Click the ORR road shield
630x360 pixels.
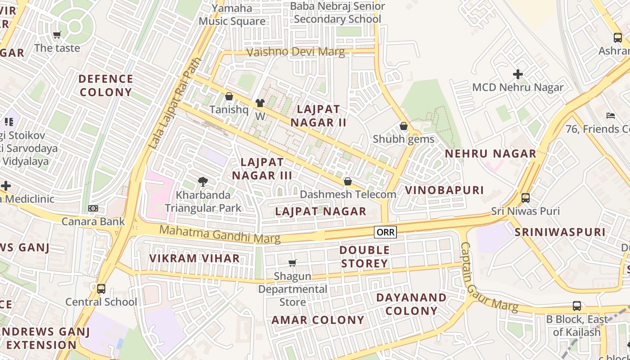click(386, 232)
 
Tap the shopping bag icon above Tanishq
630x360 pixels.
click(229, 96)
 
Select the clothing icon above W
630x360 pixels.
click(260, 103)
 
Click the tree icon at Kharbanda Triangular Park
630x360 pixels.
click(203, 182)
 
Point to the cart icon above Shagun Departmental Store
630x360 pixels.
click(292, 262)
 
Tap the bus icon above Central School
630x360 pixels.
click(101, 288)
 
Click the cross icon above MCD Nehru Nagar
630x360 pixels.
click(518, 74)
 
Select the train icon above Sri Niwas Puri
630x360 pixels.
click(525, 198)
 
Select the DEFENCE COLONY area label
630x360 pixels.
click(106, 85)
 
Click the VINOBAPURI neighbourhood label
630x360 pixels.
click(444, 190)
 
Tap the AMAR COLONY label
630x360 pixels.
click(318, 320)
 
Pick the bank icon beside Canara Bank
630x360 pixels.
click(93, 208)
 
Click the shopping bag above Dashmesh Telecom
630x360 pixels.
click(347, 181)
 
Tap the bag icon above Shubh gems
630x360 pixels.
click(404, 126)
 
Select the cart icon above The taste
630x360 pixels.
click(57, 35)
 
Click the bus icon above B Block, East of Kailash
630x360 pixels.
click(577, 306)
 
